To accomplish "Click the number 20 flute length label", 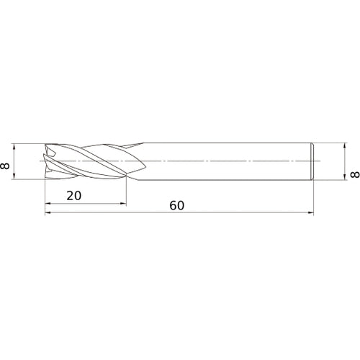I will coord(73,195).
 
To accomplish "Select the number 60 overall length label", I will coord(177,205).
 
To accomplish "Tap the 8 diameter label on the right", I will coord(354,174).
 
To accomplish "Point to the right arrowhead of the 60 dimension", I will coord(312,213).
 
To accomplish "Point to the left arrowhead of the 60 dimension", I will coord(48,213).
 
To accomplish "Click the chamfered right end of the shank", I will coord(314,161).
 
